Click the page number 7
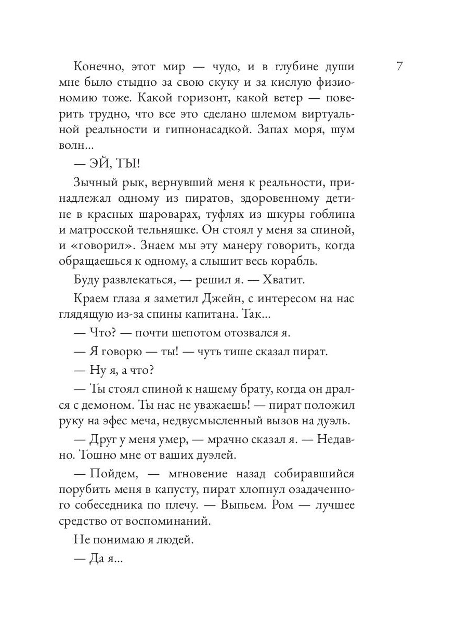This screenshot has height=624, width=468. (399, 67)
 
